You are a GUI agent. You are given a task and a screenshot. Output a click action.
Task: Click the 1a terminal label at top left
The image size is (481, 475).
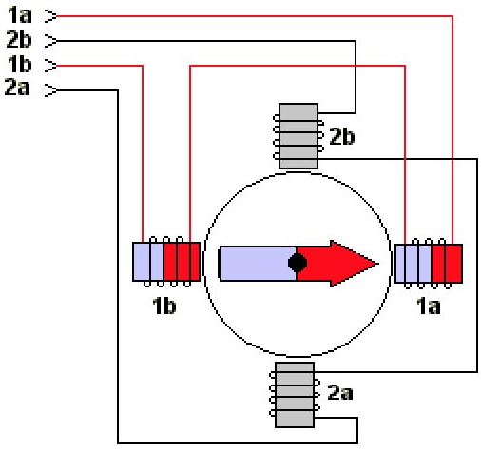(20, 15)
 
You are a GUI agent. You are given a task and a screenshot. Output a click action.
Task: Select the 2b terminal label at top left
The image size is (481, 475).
(19, 39)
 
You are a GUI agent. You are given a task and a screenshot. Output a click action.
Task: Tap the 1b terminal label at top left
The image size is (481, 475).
(20, 64)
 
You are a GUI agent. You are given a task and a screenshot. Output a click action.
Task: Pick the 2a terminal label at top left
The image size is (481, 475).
(17, 87)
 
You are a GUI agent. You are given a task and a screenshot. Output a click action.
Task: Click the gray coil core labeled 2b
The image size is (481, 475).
(298, 136)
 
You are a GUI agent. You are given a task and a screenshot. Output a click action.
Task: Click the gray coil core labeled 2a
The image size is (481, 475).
(295, 395)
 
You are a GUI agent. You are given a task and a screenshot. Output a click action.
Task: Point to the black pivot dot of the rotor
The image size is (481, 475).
(298, 263)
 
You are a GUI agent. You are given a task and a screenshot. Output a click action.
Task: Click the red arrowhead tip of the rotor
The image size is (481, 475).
(378, 264)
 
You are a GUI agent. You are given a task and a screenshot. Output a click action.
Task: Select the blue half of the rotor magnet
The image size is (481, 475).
(258, 264)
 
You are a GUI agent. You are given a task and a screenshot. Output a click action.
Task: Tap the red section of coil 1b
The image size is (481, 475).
(182, 262)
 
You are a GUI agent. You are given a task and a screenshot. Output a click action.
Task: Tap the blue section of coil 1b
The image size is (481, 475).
(148, 262)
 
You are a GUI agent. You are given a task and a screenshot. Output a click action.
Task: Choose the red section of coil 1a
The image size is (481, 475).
(447, 264)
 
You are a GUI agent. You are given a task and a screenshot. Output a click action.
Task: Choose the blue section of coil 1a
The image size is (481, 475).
(414, 264)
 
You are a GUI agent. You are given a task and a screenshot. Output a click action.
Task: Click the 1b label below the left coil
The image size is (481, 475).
(164, 306)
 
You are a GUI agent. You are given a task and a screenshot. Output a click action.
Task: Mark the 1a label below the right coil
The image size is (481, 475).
(428, 306)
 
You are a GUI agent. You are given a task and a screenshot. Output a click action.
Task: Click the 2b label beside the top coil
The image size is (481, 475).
(342, 136)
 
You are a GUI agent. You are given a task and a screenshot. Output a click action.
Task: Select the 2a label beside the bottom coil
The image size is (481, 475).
(340, 392)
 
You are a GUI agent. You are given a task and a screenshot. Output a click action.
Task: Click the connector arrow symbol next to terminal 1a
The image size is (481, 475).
(50, 16)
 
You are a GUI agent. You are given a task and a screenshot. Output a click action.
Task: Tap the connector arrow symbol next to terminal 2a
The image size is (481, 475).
(50, 90)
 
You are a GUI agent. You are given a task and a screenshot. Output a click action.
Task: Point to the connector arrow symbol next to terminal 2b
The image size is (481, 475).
(50, 41)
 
